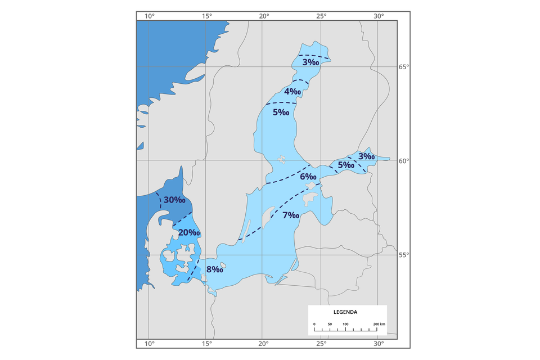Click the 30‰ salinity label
pyautogui.click(x=174, y=200)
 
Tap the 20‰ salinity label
pyautogui.click(x=189, y=232)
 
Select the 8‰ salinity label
pyautogui.click(x=214, y=269)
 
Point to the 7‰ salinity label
pyautogui.click(x=290, y=215)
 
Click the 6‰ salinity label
pyautogui.click(x=308, y=177)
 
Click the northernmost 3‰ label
pyautogui.click(x=310, y=62)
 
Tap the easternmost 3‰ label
pyautogui.click(x=366, y=156)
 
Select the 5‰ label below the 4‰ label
pyautogui.click(x=281, y=112)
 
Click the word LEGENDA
pyautogui.click(x=345, y=312)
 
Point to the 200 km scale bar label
pyautogui.click(x=379, y=325)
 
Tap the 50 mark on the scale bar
pyautogui.click(x=330, y=325)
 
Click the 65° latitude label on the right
pyautogui.click(x=404, y=67)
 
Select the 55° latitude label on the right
pyautogui.click(x=404, y=255)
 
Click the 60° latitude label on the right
pyautogui.click(x=404, y=161)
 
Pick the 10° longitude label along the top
pyautogui.click(x=149, y=16)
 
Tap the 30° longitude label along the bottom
pyautogui.click(x=378, y=344)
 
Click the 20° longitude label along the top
pyautogui.click(x=264, y=16)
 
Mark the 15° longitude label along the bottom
pyautogui.click(x=206, y=344)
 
